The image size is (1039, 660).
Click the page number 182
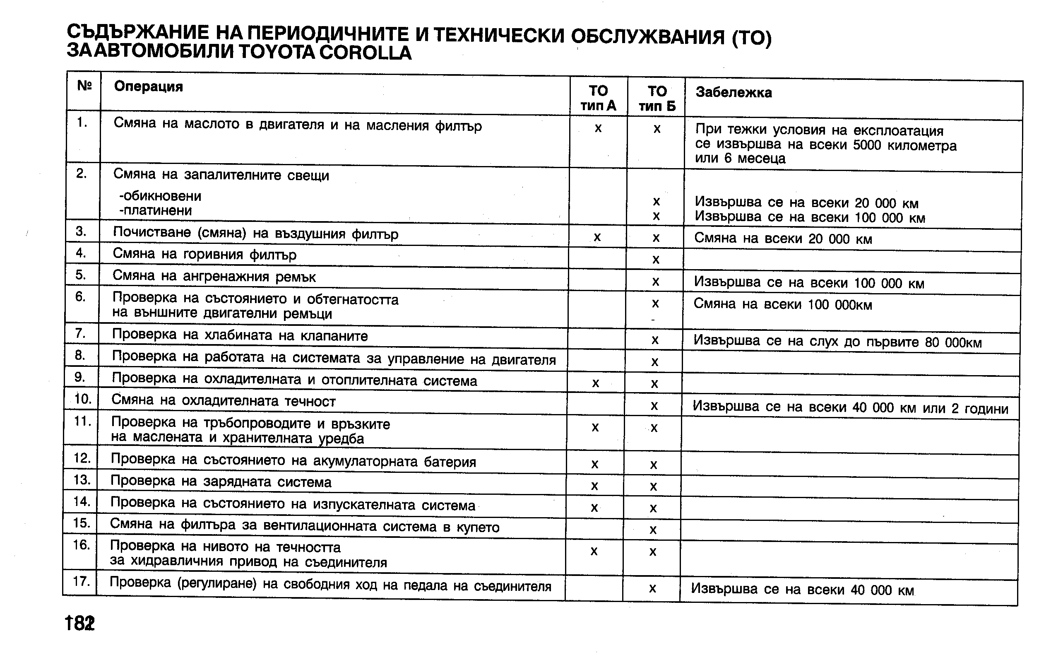pos(80,623)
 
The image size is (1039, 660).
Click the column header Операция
pos(149,87)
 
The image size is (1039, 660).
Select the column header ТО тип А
pos(598,98)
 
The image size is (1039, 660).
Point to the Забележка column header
pos(734,92)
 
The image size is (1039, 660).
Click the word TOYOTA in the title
pos(277,53)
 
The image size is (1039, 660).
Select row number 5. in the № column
pos(81,275)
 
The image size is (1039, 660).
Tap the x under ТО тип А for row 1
pos(598,128)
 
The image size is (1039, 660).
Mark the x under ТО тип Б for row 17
pos(652,588)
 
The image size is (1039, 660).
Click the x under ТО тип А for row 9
pos(595,383)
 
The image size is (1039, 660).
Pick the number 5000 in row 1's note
pos(867,145)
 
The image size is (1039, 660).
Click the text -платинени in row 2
pos(156,211)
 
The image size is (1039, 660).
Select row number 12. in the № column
pos(82,458)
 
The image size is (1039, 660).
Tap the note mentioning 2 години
pos(850,407)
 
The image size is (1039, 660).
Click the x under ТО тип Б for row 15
pos(653,530)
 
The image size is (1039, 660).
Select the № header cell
pos(84,86)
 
